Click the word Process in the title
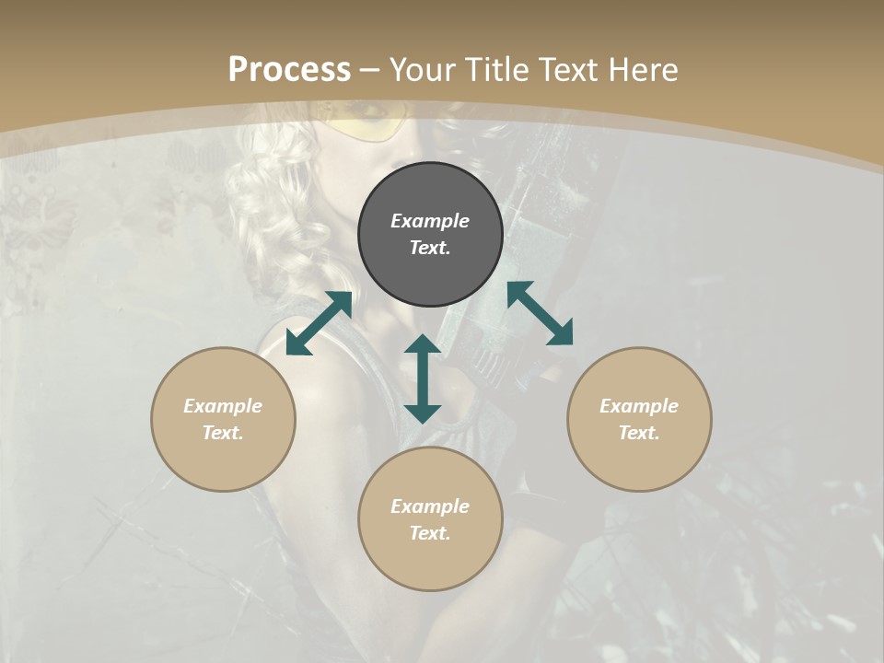click(289, 70)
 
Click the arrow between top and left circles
click(319, 323)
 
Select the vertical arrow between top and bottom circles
click(423, 378)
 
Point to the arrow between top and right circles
click(541, 313)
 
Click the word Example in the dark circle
click(430, 221)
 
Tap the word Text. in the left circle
click(223, 433)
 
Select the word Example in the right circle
click(639, 406)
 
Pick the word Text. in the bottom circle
click(430, 533)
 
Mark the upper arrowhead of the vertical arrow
click(423, 344)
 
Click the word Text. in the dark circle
click(430, 248)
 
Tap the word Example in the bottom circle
click(430, 506)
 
